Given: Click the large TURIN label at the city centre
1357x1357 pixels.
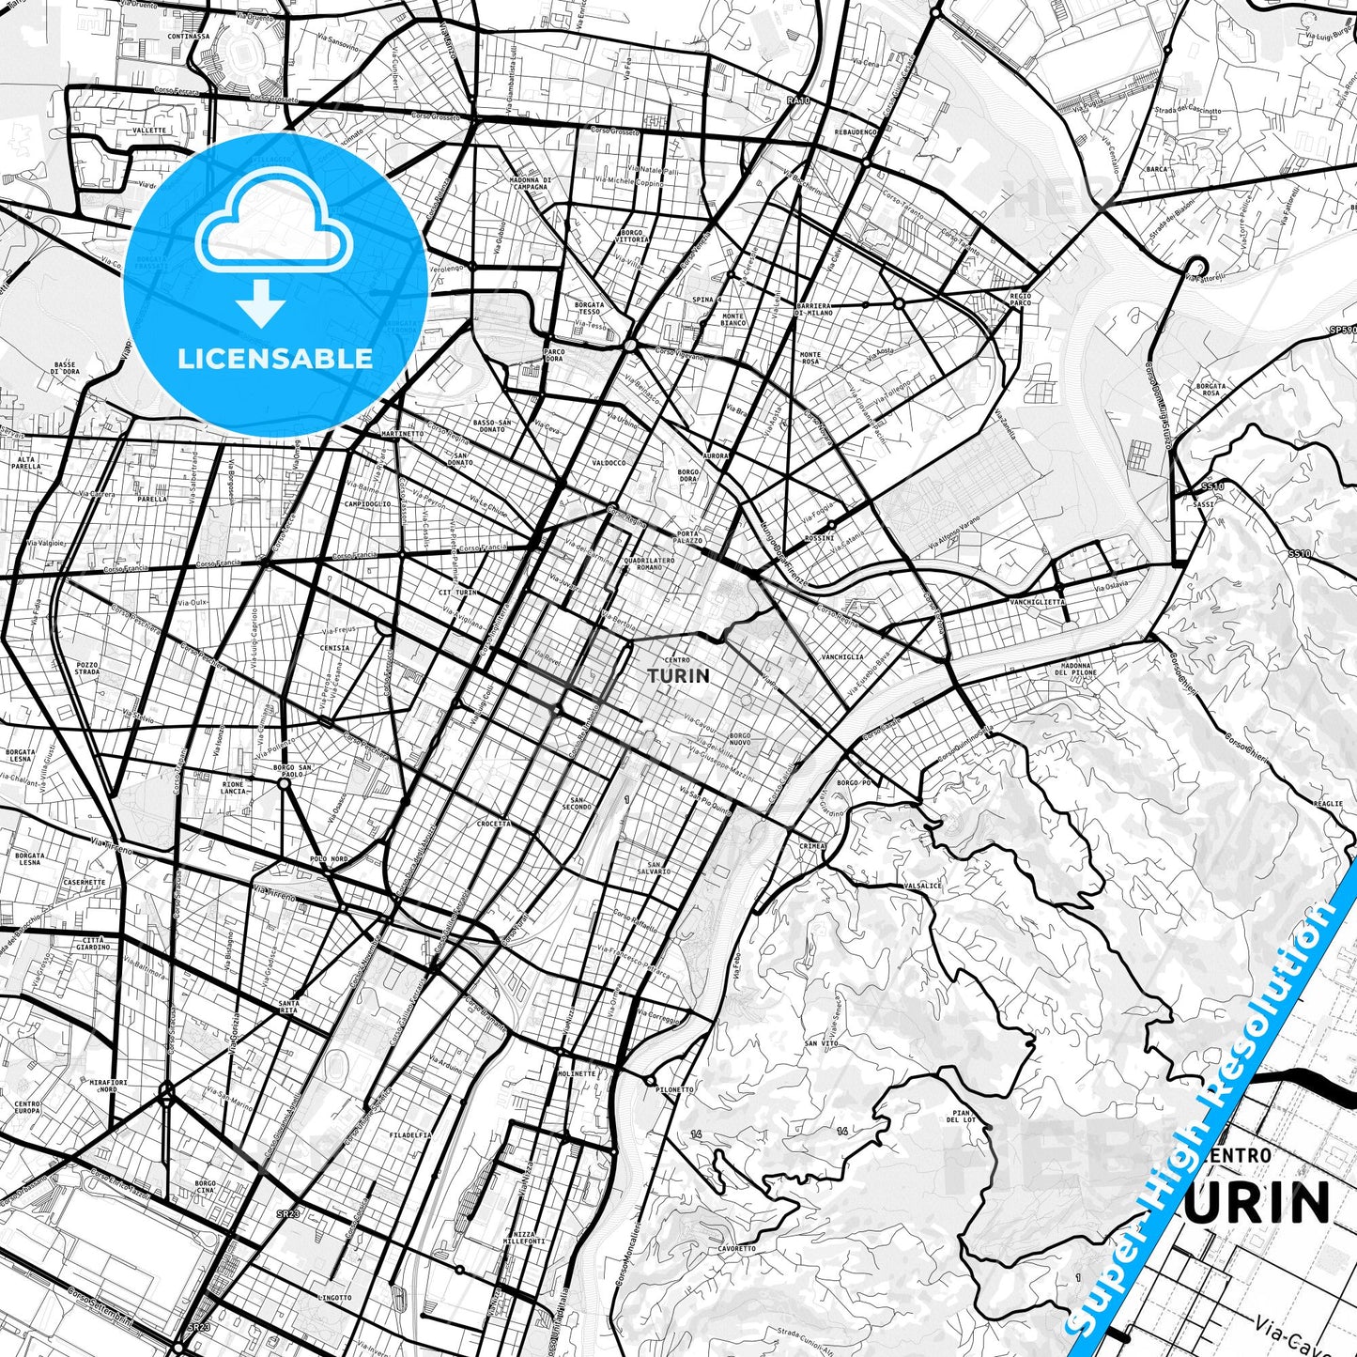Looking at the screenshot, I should tap(678, 676).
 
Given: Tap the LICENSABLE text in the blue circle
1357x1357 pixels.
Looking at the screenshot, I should tap(275, 359).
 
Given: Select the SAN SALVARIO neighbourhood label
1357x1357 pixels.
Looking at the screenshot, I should tap(659, 868).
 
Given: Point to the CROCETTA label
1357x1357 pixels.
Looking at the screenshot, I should tap(494, 824).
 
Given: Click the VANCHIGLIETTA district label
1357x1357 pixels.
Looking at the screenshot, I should tap(1037, 602).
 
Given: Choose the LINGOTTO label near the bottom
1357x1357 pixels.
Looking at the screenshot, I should tap(334, 1298).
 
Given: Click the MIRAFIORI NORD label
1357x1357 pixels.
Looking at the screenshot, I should tap(108, 1086).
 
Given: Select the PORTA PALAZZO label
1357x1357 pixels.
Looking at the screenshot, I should tap(687, 538).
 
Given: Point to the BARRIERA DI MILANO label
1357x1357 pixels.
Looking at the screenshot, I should tap(813, 309).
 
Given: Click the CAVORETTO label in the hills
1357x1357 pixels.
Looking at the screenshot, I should tap(736, 1249).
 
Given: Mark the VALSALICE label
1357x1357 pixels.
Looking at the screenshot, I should tap(921, 886).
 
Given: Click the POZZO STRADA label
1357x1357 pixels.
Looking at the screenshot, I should tap(87, 669).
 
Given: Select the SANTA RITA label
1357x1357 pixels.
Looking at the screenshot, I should tap(287, 1007).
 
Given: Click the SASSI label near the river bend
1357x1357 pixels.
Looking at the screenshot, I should tap(1204, 504).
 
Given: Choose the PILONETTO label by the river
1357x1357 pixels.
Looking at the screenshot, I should tap(675, 1090).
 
